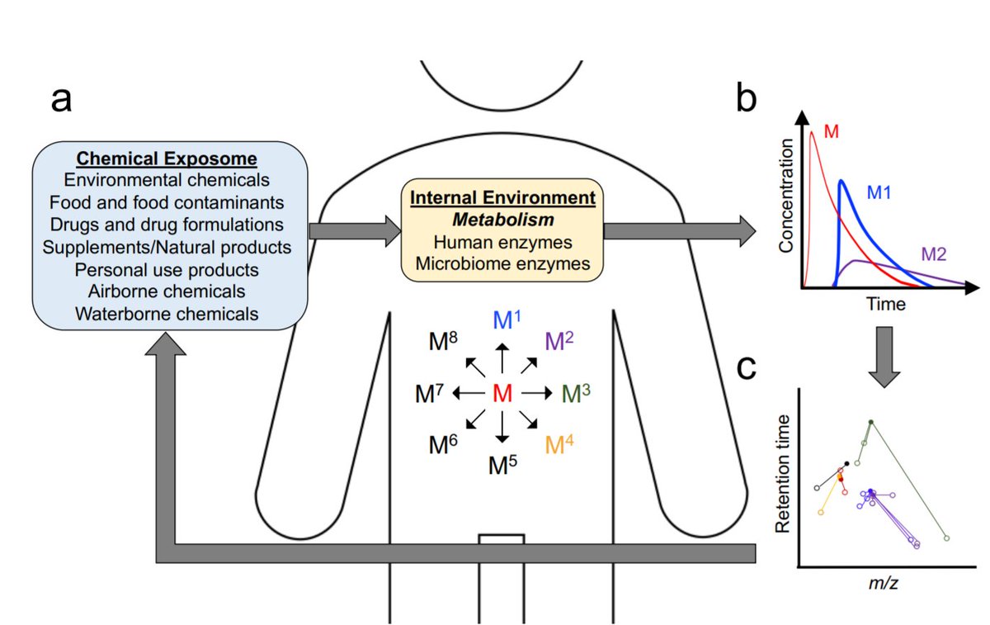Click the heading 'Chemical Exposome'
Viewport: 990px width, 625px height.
click(x=167, y=159)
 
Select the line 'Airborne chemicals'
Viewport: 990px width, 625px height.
click(x=167, y=291)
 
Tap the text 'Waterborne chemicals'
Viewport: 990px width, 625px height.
click(x=167, y=314)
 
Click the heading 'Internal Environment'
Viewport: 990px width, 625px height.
click(x=502, y=197)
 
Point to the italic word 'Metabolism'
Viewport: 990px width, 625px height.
click(x=503, y=220)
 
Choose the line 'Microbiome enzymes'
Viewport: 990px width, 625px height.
click(x=502, y=263)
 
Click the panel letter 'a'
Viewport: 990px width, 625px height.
click(x=61, y=99)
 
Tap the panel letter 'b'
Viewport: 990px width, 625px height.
click(x=746, y=97)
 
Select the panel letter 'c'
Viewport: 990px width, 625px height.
click(x=747, y=368)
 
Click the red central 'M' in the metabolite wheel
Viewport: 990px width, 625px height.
click(x=502, y=393)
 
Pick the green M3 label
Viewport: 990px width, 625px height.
click(x=576, y=393)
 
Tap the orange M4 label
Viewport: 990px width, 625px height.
click(x=559, y=444)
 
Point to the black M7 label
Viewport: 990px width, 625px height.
click(x=429, y=393)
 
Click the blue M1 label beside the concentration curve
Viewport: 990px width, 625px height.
click(x=879, y=192)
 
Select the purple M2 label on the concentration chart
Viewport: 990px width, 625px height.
click(x=933, y=254)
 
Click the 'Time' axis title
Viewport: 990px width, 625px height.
click(x=885, y=305)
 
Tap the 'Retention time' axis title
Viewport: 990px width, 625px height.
click(x=782, y=474)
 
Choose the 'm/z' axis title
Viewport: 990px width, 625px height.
click(x=883, y=584)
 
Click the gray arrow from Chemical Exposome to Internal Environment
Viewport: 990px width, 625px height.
click(x=355, y=231)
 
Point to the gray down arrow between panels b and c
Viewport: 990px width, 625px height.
click(x=884, y=357)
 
